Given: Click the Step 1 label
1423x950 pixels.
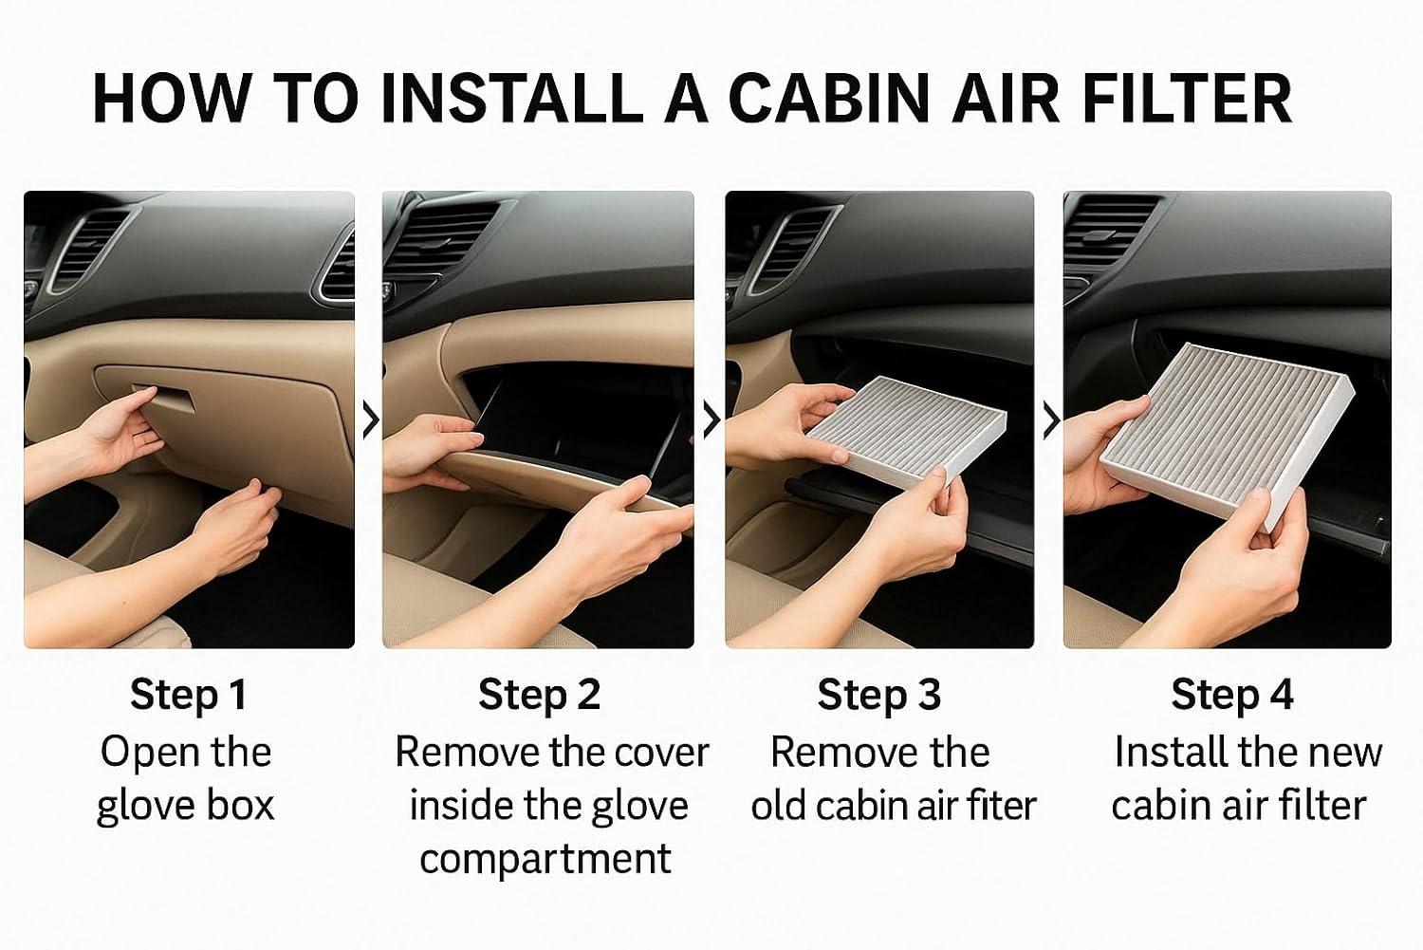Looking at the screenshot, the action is (x=189, y=694).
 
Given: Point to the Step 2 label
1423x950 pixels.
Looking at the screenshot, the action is (x=540, y=694).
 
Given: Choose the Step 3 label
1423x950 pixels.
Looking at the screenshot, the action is (x=879, y=694).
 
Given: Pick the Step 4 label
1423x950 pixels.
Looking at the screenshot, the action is (x=1232, y=694).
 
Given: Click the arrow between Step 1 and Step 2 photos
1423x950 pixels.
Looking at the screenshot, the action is (x=371, y=419).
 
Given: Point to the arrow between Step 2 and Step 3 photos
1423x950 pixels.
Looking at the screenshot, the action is (x=711, y=419).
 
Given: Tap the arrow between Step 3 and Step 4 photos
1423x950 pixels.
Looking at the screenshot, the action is (x=1051, y=419).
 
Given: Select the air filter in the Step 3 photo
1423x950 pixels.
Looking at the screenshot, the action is (x=907, y=432).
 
